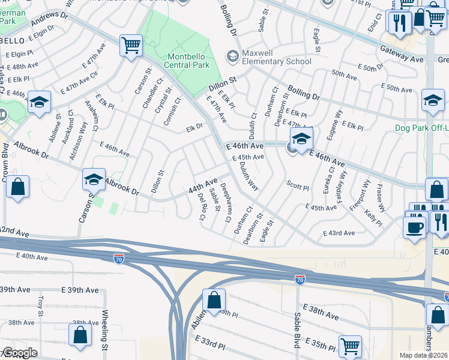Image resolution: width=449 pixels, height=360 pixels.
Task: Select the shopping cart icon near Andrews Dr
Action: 131,45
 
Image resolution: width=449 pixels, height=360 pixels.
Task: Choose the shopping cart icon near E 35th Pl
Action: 350,346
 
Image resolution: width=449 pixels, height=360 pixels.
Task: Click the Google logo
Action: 20,353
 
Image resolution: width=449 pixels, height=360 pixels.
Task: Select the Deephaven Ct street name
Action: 225,202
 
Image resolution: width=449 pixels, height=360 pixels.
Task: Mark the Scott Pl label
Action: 297,186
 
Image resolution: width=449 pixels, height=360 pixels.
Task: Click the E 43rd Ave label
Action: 339,233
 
